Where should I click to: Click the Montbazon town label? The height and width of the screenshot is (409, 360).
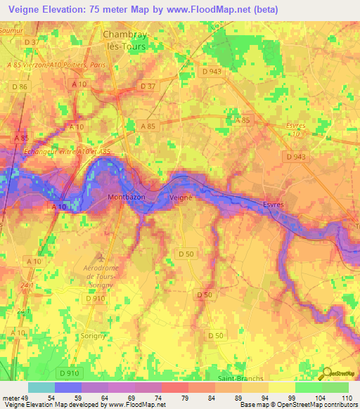(x=127, y=197)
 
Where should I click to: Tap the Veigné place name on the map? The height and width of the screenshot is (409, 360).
(x=181, y=199)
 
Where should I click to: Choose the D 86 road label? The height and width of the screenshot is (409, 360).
(x=20, y=86)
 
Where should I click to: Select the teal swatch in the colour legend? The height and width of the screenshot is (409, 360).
(x=41, y=387)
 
